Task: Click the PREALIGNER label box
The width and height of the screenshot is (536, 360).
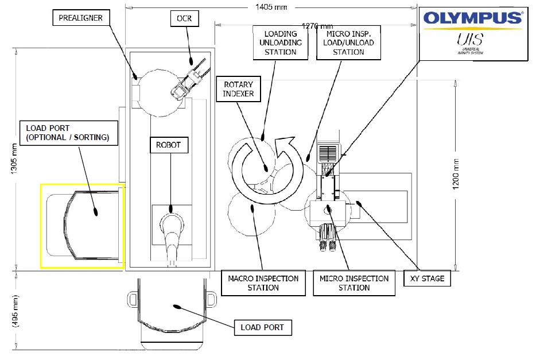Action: pyautogui.click(x=81, y=18)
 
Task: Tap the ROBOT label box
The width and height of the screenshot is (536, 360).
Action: pyautogui.click(x=168, y=145)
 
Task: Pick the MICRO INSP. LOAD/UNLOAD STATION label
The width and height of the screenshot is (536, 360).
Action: pyautogui.click(x=349, y=43)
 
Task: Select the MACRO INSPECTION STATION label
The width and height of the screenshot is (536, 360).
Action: pyautogui.click(x=263, y=283)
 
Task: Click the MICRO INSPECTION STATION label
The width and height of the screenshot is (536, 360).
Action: pyautogui.click(x=354, y=283)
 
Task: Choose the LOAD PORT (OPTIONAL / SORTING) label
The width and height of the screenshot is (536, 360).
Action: pyautogui.click(x=64, y=132)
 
